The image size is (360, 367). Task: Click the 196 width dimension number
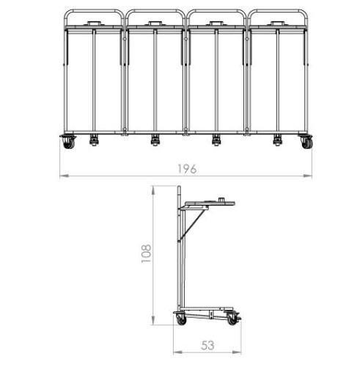(187, 169)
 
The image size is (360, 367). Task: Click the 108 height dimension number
(146, 253)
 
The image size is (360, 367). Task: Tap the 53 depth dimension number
(207, 346)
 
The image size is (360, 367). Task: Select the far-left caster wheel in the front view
(69, 143)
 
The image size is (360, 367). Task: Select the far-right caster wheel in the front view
(306, 143)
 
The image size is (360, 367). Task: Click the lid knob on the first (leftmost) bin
(95, 23)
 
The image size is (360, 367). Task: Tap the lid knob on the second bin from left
(155, 23)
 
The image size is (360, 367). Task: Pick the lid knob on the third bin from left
(216, 23)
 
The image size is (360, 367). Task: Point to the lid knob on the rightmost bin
(277, 23)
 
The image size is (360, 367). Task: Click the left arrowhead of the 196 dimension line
(64, 175)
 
